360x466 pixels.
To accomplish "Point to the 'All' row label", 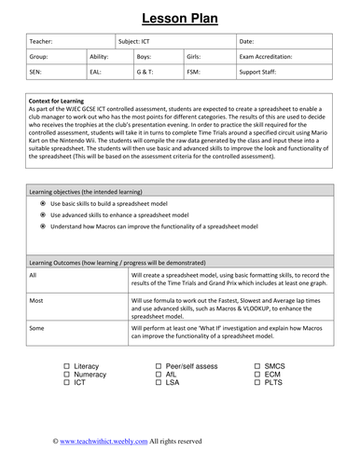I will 34,275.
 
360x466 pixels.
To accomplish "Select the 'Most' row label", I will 35,300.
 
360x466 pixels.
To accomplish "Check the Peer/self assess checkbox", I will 159,366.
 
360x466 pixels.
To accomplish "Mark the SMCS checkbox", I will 256,366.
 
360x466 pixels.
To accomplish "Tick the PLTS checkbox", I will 256,383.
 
